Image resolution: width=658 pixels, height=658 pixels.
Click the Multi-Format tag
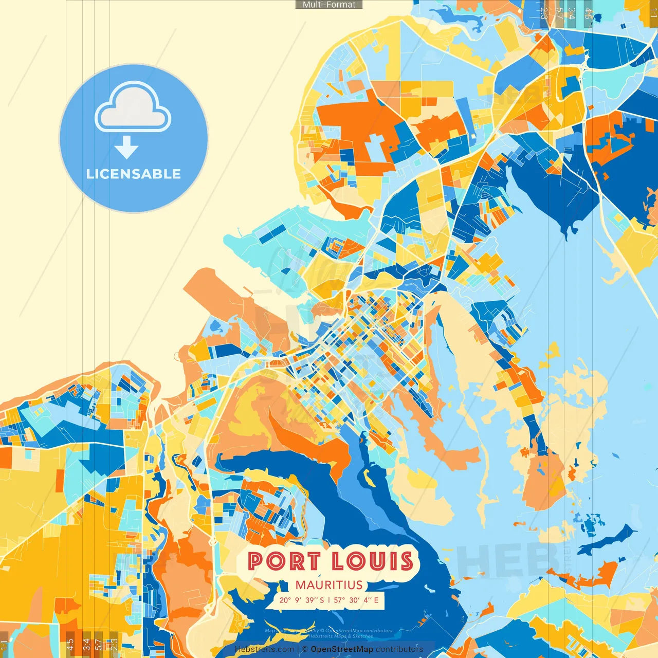tap(329, 5)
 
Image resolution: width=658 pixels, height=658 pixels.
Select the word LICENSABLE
tap(134, 174)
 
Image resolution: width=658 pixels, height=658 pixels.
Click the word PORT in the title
tap(284, 561)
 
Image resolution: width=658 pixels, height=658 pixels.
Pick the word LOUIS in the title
tap(372, 561)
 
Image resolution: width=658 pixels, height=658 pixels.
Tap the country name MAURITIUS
tap(329, 585)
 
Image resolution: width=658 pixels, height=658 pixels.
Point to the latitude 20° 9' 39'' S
tap(302, 600)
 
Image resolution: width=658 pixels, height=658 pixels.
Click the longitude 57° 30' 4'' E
tap(356, 600)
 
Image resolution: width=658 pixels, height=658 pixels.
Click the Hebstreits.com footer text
tap(264, 649)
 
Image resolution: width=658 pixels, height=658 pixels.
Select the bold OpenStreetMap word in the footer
tap(342, 649)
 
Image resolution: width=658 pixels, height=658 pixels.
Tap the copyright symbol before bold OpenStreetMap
tap(305, 649)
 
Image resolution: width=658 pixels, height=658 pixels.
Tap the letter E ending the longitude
tap(376, 600)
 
